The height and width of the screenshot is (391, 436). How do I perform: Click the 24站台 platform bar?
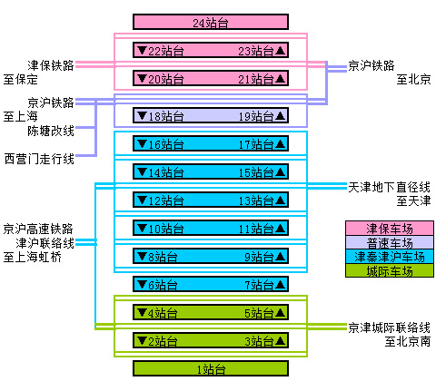tap(211, 22)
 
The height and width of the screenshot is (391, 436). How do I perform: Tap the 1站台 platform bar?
tap(211, 368)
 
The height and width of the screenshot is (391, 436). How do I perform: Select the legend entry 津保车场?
tap(389, 228)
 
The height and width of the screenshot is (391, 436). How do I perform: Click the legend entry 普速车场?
tap(389, 242)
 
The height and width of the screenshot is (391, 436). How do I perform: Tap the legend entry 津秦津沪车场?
tap(389, 257)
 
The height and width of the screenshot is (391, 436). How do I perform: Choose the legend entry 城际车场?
tap(389, 271)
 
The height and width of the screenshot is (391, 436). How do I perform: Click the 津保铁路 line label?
tap(50, 65)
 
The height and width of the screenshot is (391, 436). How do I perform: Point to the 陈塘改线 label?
tap(50, 131)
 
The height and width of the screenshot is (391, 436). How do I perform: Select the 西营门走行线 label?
tap(38, 159)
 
